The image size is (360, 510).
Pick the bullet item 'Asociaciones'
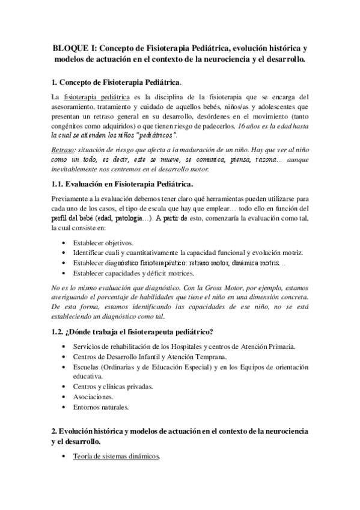click(91, 398)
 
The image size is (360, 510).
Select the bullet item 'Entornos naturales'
click(100, 408)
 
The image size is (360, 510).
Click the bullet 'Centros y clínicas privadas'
click(112, 387)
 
